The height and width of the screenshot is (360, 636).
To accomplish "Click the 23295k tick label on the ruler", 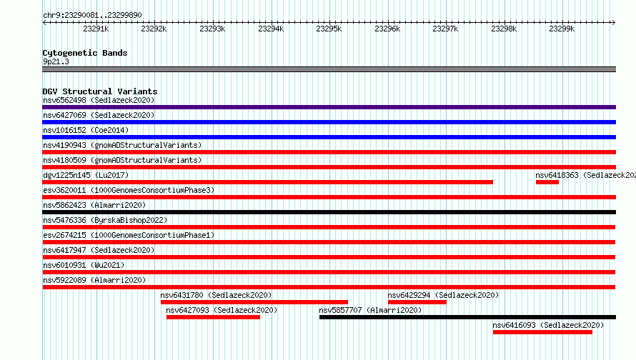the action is coord(329,29).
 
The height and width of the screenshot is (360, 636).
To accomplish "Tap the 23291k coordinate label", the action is coord(96,29).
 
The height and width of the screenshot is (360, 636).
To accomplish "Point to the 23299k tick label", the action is coord(562,29).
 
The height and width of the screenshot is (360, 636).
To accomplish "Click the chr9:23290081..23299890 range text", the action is coord(92,15).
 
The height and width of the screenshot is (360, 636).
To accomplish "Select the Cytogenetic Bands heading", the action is coord(85,53).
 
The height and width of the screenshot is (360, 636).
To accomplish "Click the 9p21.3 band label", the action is coord(56,61).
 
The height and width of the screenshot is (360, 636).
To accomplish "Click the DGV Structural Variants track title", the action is coord(100,91).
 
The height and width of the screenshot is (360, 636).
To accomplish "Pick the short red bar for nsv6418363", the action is coord(547,182).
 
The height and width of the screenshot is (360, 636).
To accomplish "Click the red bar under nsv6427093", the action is coord(213,317).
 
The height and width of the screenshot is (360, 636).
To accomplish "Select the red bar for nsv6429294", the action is coord(417,302).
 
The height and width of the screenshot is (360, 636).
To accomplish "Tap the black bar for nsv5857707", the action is coord(467,317).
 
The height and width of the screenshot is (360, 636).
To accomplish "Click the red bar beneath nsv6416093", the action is coord(542,332).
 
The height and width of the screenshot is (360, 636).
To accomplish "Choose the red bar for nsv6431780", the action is coord(254,302).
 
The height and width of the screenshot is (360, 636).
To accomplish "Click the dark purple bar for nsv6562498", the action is coord(329,107).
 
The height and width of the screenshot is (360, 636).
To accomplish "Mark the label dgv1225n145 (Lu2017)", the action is coord(86,175).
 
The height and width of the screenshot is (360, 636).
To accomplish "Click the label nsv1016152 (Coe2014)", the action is coord(86,130).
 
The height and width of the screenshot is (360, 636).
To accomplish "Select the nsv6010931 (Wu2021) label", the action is coord(84,265).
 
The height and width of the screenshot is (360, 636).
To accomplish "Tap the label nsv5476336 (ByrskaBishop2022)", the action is coord(105,220).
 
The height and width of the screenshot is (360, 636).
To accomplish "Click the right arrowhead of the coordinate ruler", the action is coord(614,22).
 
